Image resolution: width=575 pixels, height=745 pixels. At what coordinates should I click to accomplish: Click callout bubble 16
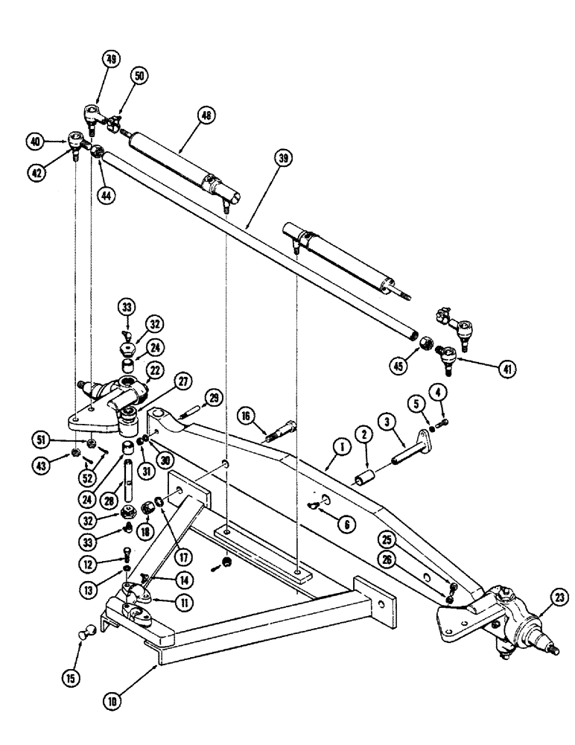coord(245,414)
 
